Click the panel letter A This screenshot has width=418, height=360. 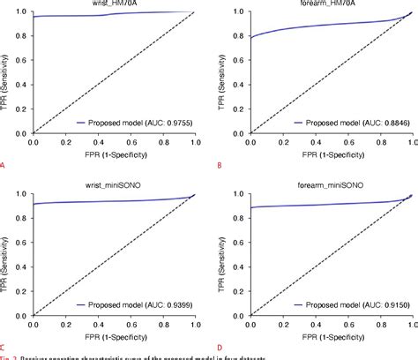click(4, 164)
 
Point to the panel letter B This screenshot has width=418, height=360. click(218, 164)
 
